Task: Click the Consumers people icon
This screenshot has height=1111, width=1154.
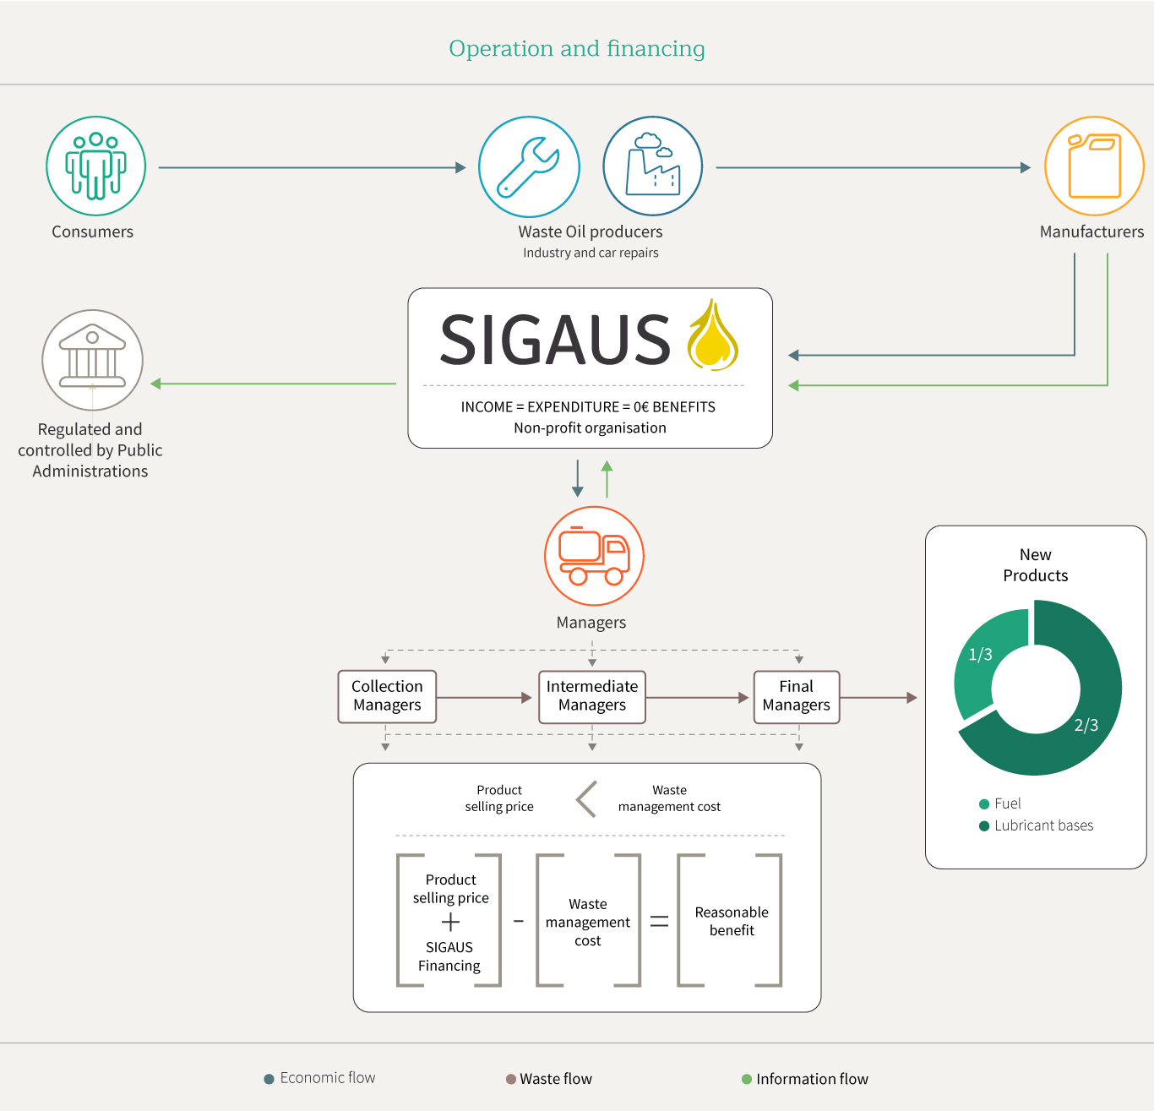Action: (x=95, y=166)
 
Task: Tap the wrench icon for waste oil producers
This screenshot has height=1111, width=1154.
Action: (x=529, y=166)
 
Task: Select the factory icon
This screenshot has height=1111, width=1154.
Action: (x=652, y=166)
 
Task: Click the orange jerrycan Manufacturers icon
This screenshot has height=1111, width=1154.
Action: (x=1094, y=166)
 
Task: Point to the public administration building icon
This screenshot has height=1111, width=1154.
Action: (x=93, y=360)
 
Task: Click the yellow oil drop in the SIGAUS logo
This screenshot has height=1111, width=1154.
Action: (x=712, y=337)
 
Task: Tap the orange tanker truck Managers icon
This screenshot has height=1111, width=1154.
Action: (x=594, y=555)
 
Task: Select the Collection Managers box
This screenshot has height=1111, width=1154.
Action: (x=387, y=696)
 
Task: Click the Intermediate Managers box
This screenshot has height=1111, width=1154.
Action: (x=591, y=696)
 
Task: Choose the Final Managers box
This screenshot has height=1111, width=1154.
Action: (x=796, y=696)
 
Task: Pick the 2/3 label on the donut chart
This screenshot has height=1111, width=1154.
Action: (x=1086, y=725)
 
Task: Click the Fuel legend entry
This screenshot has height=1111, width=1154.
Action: (x=1000, y=803)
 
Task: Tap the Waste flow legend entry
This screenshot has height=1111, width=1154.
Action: (x=549, y=1079)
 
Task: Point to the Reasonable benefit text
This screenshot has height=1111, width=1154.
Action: (x=732, y=921)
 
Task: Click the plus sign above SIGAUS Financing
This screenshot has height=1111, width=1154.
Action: (x=451, y=922)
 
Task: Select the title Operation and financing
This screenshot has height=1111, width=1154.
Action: (x=577, y=49)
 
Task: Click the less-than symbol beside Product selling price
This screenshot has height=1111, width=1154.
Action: (x=586, y=798)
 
